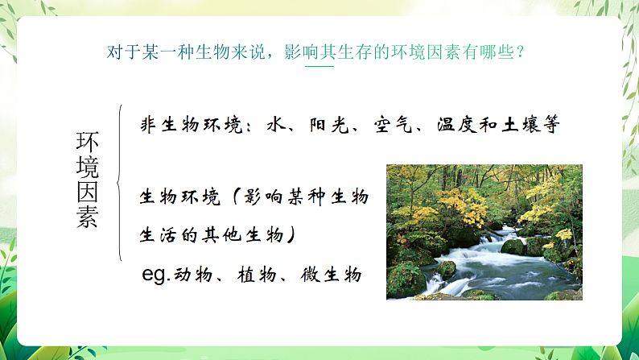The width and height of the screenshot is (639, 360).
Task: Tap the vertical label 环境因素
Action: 87,180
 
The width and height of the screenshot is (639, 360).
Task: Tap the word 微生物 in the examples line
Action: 332,275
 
